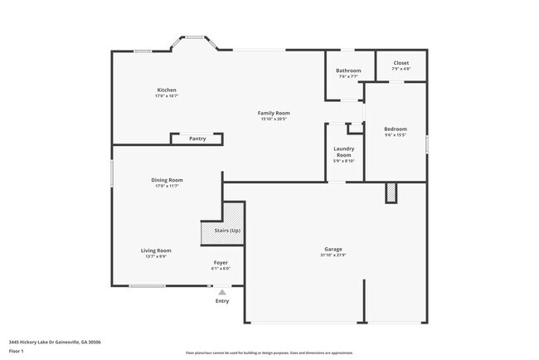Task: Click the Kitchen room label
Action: pyautogui.click(x=167, y=90)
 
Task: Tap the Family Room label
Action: pyautogui.click(x=273, y=113)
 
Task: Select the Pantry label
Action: pyautogui.click(x=197, y=139)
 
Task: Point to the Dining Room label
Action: pyautogui.click(x=167, y=180)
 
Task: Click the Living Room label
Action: pyautogui.click(x=155, y=251)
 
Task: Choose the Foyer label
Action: pyautogui.click(x=221, y=262)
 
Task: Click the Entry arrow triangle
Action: pyautogui.click(x=221, y=291)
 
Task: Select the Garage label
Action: pyautogui.click(x=334, y=250)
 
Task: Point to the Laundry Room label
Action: pyautogui.click(x=343, y=152)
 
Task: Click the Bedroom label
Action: pyautogui.click(x=396, y=129)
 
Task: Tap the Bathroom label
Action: pyautogui.click(x=348, y=71)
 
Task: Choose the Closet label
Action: pyautogui.click(x=401, y=63)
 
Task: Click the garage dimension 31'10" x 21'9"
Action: pyautogui.click(x=334, y=256)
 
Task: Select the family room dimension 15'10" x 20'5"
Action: pyautogui.click(x=273, y=119)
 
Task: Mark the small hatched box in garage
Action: pyautogui.click(x=391, y=192)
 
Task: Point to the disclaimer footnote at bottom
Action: pyautogui.click(x=269, y=353)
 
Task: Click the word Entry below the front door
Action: pyautogui.click(x=221, y=300)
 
